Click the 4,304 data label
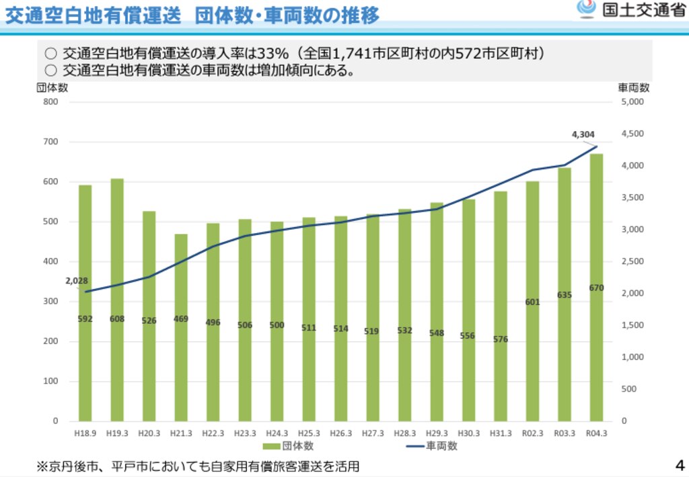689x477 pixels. click(583, 134)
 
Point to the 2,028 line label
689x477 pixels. click(77, 281)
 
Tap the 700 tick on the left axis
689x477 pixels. click(50, 142)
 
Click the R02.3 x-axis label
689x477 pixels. click(532, 433)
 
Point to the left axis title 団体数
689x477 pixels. click(52, 87)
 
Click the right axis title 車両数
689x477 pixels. click(633, 87)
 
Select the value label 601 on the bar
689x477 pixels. click(532, 302)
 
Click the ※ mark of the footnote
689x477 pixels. click(42, 465)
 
